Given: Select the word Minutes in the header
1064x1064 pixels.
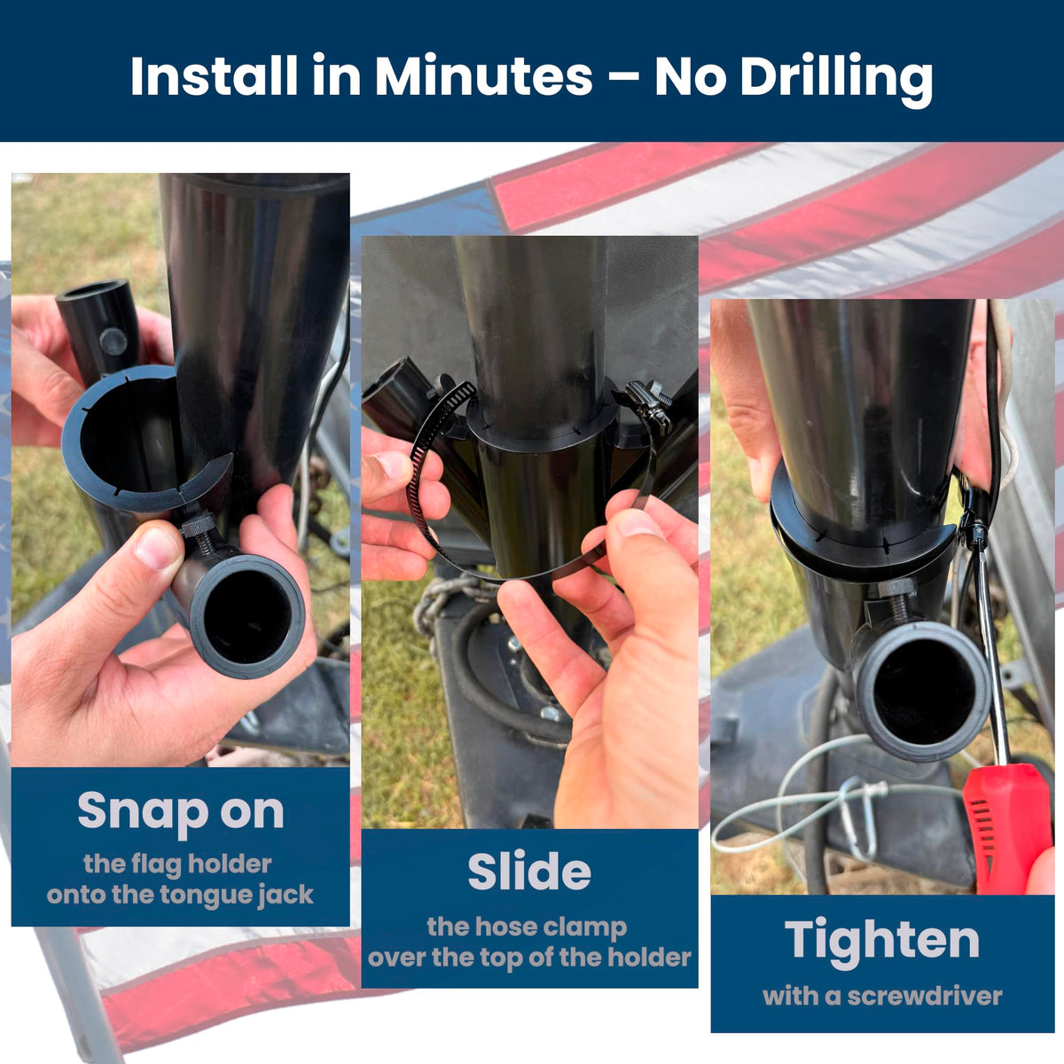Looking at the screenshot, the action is pos(484,75).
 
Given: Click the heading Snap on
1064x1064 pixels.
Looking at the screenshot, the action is pos(181,810).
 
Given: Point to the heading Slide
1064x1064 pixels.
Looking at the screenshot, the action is pos(529,871).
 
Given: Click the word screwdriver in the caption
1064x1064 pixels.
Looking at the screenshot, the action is pos(924,996).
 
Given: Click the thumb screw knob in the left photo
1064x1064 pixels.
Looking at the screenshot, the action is pos(197,523).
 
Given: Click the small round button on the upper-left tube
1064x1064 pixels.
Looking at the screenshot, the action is pos(113,341).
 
